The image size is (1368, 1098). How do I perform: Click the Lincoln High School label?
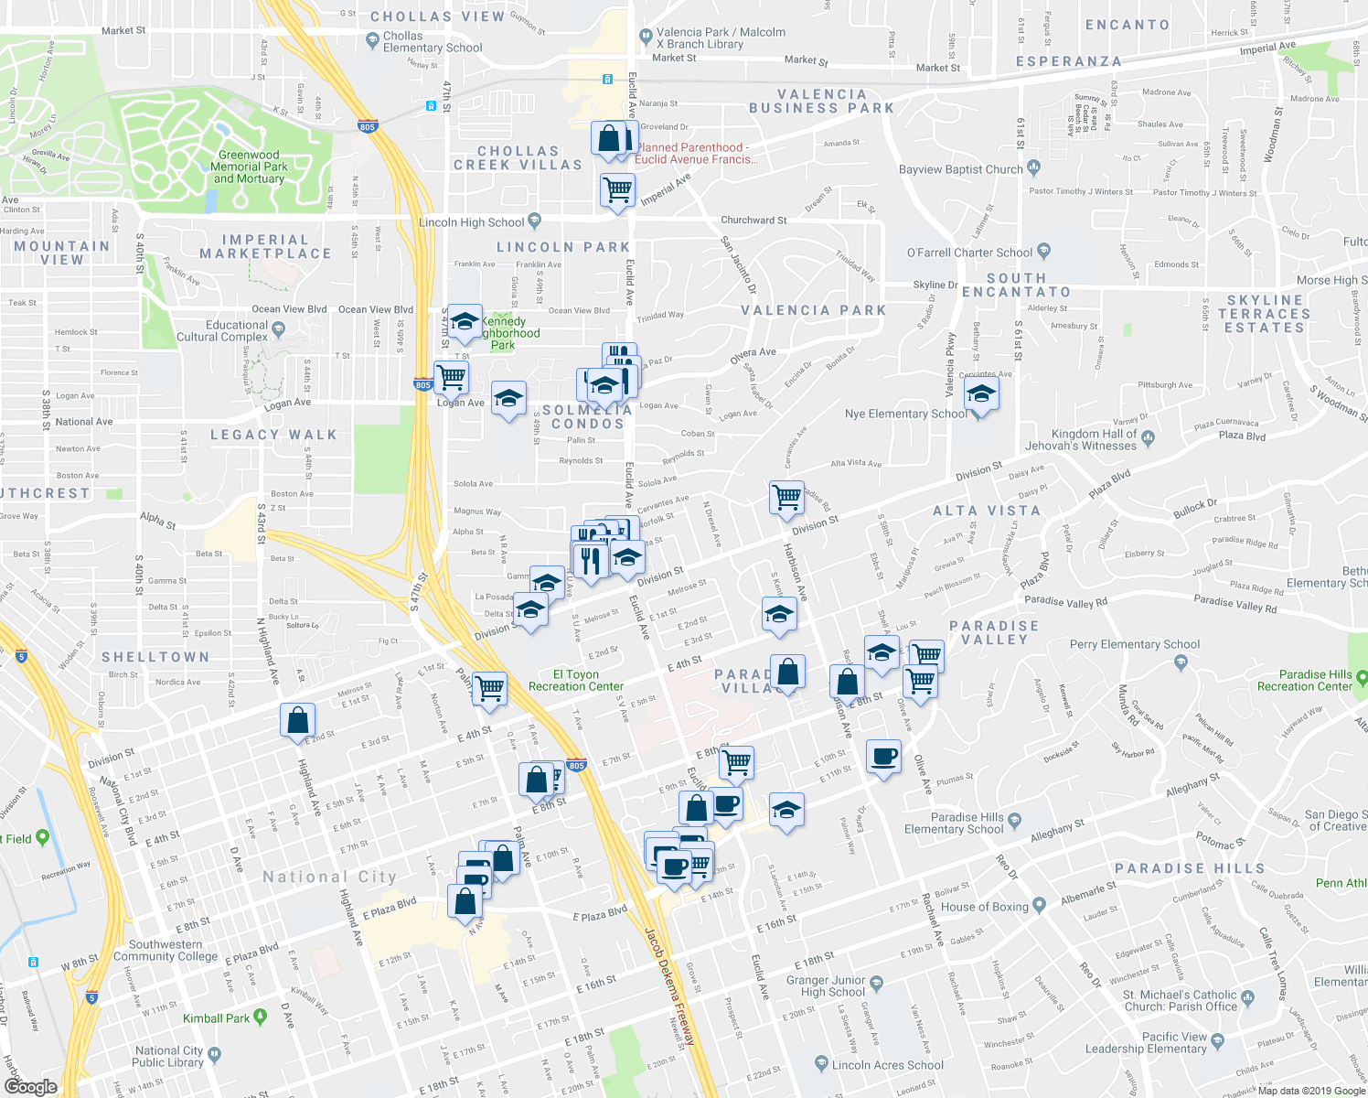click(x=471, y=222)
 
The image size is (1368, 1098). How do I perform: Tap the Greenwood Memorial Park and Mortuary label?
click(x=249, y=167)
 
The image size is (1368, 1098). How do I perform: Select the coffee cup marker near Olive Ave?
click(x=882, y=757)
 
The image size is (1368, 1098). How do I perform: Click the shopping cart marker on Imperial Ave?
click(x=617, y=190)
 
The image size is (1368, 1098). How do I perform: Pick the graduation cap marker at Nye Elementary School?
click(x=980, y=395)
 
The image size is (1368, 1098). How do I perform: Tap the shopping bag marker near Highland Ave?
click(x=298, y=721)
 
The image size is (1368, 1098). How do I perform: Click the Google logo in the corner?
click(x=30, y=1086)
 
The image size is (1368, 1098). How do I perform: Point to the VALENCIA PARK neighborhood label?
click(x=814, y=311)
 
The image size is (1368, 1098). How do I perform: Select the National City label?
click(x=329, y=877)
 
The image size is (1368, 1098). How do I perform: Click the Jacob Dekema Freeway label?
click(x=669, y=986)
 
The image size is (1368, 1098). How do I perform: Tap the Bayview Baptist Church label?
click(x=960, y=169)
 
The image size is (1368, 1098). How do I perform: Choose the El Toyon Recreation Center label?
click(x=576, y=681)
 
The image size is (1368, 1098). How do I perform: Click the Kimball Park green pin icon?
click(x=261, y=1017)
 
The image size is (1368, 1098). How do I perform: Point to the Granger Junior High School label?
click(x=826, y=986)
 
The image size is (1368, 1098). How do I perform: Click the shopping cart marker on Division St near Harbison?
click(x=786, y=498)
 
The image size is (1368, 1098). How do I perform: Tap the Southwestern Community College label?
click(x=166, y=951)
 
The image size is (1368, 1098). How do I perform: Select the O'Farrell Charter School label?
click(x=969, y=253)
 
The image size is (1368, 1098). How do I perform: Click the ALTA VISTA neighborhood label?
click(x=987, y=511)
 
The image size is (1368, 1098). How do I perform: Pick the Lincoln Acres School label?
click(x=887, y=1065)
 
